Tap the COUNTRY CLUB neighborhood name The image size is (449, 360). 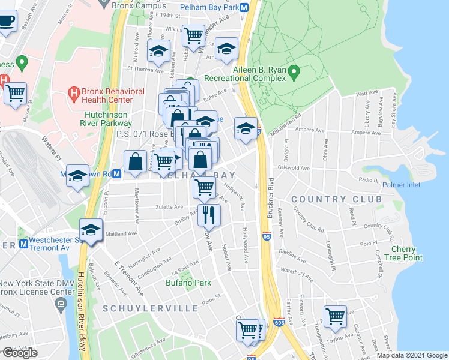pos(337,199)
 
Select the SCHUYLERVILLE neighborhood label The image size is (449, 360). pos(151,308)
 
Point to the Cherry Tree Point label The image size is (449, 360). pos(406,253)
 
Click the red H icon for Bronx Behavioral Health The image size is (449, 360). pos(74,93)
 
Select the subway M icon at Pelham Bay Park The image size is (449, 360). pos(244,8)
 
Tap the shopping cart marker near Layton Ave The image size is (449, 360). pos(335,317)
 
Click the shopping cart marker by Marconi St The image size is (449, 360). pos(15,94)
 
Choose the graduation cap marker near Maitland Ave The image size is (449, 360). pos(91,231)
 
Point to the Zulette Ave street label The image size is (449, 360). pos(170,206)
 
